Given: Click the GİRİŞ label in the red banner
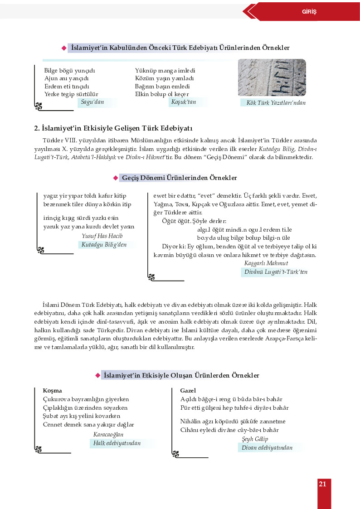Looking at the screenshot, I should point(309,11).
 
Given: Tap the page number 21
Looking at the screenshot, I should point(322,484).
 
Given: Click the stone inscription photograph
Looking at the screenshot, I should point(272,78).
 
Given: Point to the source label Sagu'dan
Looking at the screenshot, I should point(92,102).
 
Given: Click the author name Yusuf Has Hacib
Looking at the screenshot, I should point(102,236).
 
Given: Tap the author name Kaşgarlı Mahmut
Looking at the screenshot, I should point(266,263).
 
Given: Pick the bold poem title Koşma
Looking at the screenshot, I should point(52,390).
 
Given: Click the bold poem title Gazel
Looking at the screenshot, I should point(188,390).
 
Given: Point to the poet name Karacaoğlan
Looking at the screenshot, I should point(108,435).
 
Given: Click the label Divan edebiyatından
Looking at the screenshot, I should point(267,448).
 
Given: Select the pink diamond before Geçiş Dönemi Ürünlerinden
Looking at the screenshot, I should point(116,178).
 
